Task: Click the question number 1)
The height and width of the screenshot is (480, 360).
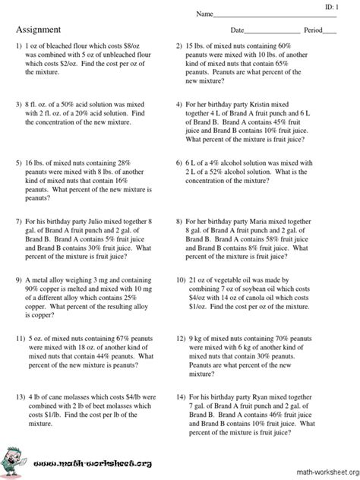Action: (x=19, y=46)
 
